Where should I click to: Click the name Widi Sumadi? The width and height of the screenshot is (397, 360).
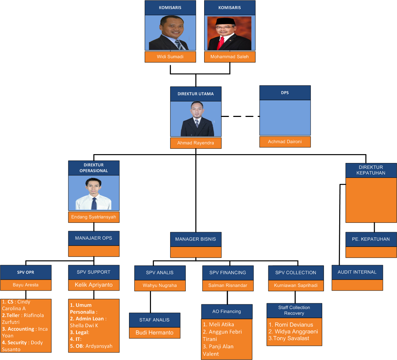170,57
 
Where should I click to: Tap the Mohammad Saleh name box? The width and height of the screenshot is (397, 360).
230,57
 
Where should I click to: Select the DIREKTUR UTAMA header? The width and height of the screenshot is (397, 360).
196,94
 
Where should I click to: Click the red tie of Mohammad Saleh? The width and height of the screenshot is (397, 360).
221,42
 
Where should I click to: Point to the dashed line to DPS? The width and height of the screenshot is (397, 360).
240,116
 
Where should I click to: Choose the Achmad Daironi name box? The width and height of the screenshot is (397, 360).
285,142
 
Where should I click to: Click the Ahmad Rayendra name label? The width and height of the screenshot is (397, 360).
196,143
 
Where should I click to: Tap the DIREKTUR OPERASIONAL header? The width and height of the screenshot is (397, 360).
94,168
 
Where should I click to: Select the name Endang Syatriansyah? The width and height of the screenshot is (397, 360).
94,217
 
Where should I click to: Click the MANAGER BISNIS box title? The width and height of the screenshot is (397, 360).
196,239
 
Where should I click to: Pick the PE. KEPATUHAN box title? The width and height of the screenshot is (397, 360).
371,239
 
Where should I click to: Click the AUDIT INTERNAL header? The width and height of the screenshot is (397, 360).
357,272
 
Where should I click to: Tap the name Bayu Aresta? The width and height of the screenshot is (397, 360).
26,285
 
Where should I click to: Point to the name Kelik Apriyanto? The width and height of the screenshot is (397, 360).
94,285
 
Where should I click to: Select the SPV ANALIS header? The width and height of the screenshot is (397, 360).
160,272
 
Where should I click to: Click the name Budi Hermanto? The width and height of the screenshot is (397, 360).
155,333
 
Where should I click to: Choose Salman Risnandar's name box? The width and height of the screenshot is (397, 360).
228,285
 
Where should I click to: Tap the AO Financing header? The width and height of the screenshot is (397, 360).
227,311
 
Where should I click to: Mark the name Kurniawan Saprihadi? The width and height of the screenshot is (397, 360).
296,285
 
